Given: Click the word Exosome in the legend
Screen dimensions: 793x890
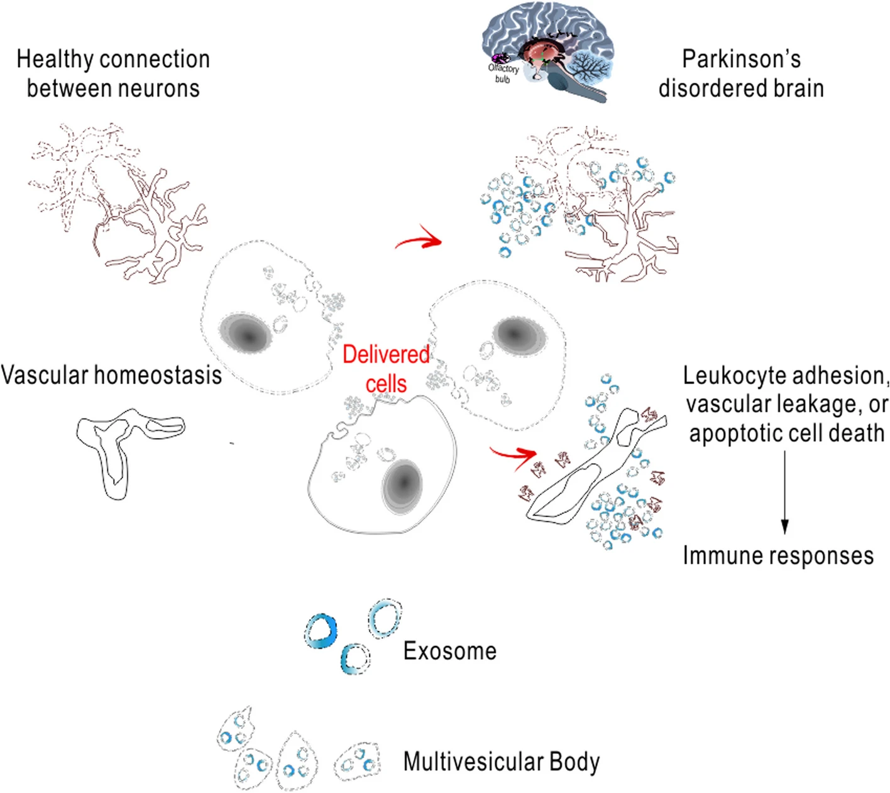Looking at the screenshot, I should tap(449, 651).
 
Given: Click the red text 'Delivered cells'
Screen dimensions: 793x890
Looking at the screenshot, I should tap(386, 369).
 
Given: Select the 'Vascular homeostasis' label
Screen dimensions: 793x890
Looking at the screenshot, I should tap(111, 375).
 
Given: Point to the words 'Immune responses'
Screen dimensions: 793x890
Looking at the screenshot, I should tap(778, 556).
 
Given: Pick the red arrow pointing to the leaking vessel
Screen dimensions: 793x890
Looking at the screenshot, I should tap(514, 454).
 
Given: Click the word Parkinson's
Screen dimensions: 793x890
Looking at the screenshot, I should tap(741, 60).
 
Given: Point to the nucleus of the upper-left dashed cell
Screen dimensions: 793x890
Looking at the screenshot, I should tap(246, 333).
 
